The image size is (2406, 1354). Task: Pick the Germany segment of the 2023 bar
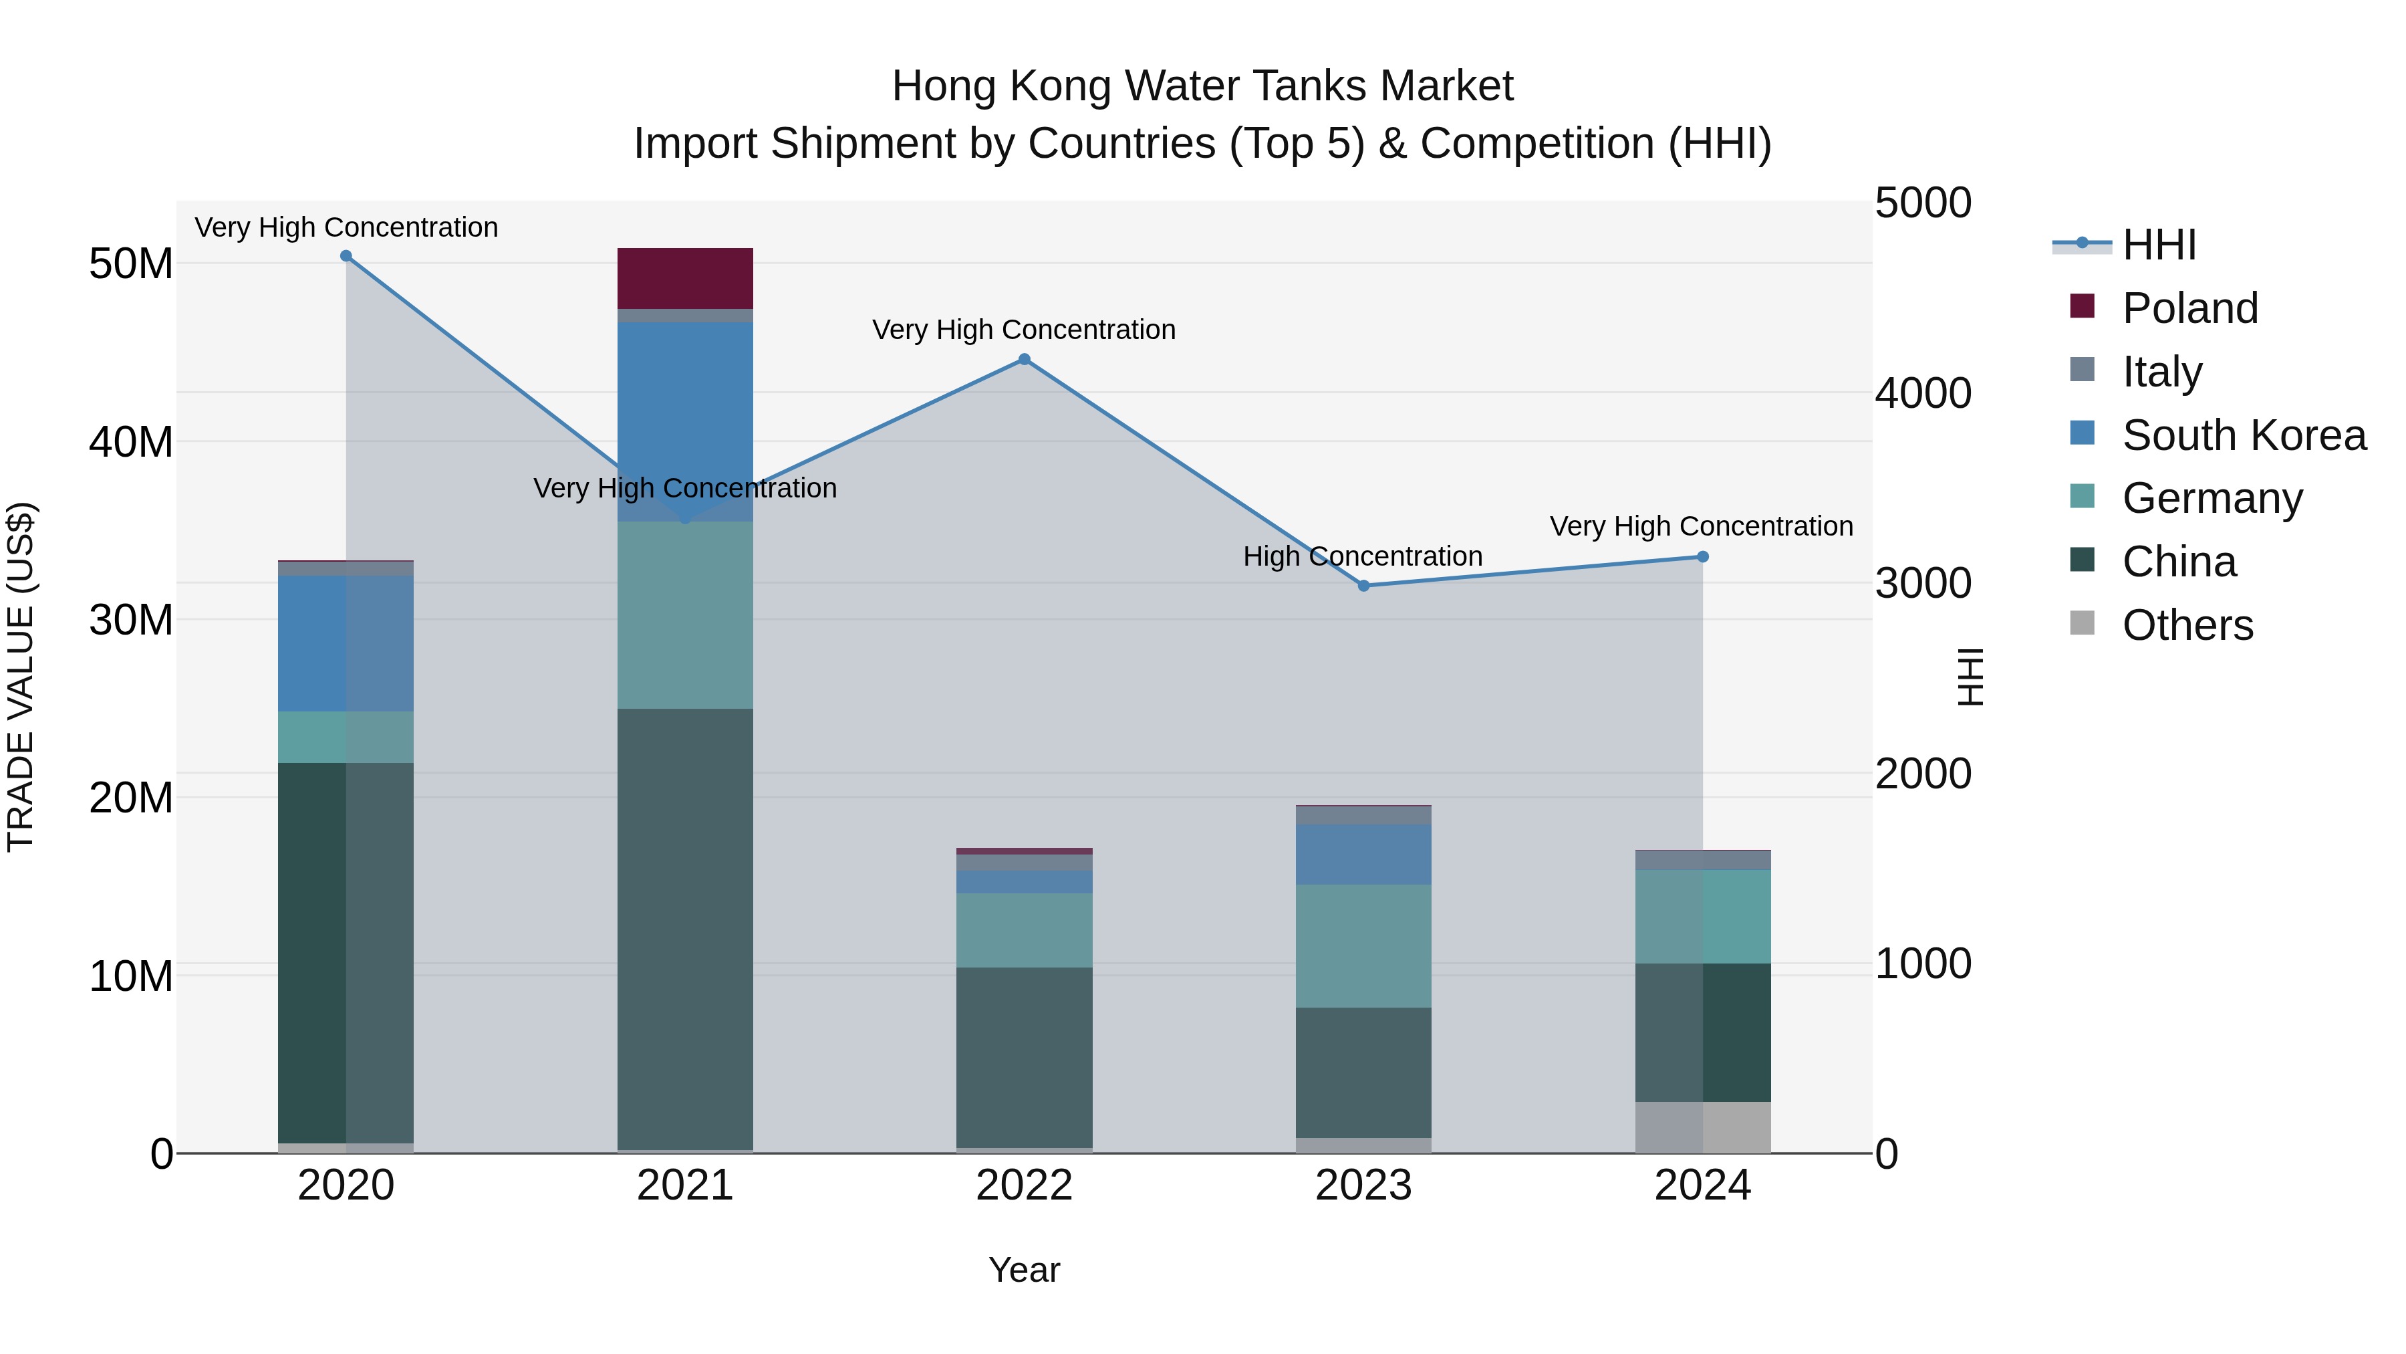pos(1363,945)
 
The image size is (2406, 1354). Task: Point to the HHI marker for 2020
pos(346,256)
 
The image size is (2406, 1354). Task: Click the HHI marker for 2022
pos(1024,360)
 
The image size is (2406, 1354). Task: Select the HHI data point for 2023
pos(1363,586)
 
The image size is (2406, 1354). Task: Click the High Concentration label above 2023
pos(1362,557)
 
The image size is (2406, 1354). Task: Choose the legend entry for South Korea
pos(2244,435)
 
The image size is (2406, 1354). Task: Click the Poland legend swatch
pos(2082,306)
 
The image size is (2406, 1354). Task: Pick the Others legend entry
pos(2187,625)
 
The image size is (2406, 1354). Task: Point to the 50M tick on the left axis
pos(131,264)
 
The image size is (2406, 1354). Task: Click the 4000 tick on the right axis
pos(1922,393)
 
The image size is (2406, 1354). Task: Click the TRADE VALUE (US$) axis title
pos(21,677)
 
